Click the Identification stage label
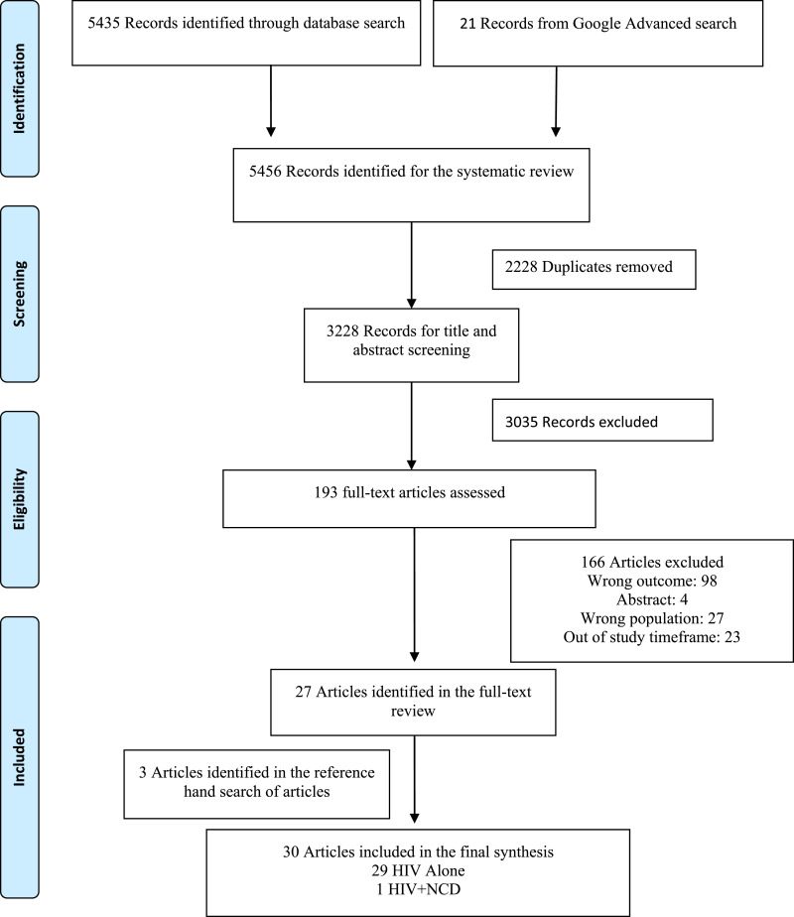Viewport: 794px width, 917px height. pyautogui.click(x=19, y=88)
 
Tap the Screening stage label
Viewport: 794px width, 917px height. pyautogui.click(x=19, y=294)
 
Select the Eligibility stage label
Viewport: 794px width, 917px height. pyautogui.click(x=19, y=499)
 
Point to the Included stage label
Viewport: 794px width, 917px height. pyautogui.click(x=19, y=757)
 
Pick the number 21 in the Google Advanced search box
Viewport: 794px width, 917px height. pyautogui.click(x=467, y=24)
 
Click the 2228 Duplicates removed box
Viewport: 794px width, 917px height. pyautogui.click(x=595, y=270)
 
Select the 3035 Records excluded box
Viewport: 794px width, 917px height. pyautogui.click(x=602, y=420)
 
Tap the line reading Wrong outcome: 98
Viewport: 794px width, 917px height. pyautogui.click(x=652, y=581)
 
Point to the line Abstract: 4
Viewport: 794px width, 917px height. pyautogui.click(x=652, y=599)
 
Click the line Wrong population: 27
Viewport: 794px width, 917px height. pyautogui.click(x=652, y=618)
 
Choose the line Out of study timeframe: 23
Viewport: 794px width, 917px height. pyautogui.click(x=652, y=637)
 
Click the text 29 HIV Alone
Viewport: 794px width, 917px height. pyautogui.click(x=418, y=870)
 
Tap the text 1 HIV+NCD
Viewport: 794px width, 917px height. pyautogui.click(x=418, y=889)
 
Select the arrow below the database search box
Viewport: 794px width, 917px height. pyautogui.click(x=271, y=100)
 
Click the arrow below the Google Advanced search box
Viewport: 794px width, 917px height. pyautogui.click(x=556, y=101)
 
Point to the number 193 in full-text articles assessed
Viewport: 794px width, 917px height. pyautogui.click(x=326, y=492)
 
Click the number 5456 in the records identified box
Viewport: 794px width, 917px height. pyautogui.click(x=265, y=172)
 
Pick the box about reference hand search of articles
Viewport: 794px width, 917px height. pyautogui.click(x=257, y=784)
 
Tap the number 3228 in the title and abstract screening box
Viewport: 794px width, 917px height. pyautogui.click(x=342, y=331)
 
